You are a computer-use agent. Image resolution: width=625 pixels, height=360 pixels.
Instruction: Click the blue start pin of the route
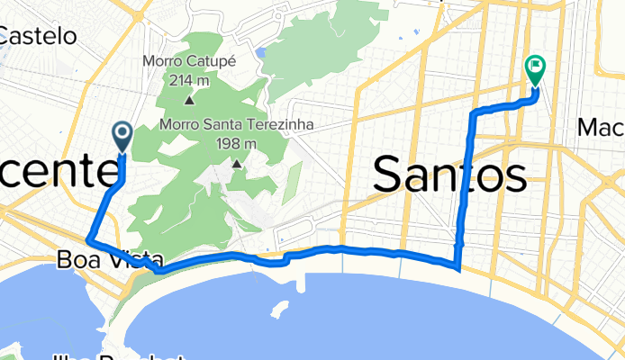122,136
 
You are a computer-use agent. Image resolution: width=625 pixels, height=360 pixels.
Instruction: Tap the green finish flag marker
535,67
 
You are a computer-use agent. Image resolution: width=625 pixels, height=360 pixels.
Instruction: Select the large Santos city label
448,173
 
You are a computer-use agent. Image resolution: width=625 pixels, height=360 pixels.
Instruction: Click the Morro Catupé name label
188,61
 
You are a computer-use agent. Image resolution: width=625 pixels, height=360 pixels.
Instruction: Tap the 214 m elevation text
188,79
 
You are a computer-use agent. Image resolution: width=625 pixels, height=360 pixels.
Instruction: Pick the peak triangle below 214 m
188,101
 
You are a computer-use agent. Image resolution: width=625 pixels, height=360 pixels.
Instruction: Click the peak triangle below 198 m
238,164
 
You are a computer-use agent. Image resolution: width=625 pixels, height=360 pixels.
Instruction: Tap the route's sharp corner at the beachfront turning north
458,267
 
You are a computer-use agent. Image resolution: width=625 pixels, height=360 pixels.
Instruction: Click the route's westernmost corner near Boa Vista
87,240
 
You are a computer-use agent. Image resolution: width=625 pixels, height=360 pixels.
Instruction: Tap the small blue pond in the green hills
260,53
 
